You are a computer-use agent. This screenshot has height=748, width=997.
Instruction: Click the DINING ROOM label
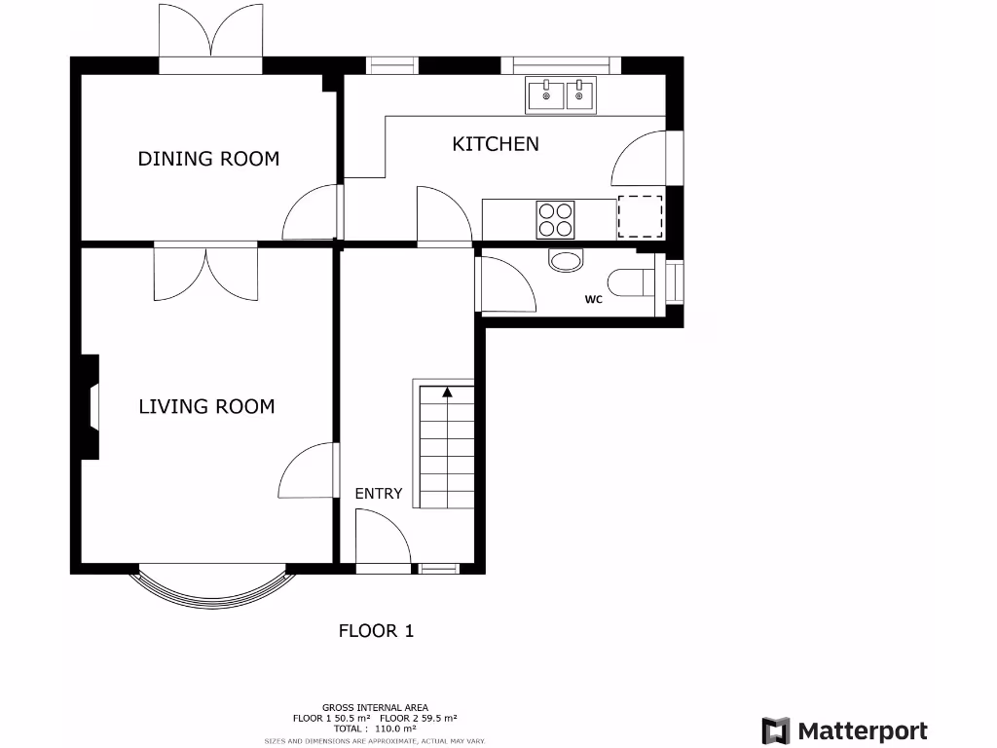point(208,158)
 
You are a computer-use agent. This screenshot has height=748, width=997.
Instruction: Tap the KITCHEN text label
point(495,144)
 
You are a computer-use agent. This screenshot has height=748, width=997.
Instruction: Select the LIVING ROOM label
point(206,406)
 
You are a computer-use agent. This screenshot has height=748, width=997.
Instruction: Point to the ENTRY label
point(378,494)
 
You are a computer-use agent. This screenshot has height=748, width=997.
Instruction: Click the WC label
point(594,300)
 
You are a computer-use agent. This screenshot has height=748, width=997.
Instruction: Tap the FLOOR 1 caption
point(376,630)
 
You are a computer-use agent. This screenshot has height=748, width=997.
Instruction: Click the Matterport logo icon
point(775,730)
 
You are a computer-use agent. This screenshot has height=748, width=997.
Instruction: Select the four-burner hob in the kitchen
point(555,219)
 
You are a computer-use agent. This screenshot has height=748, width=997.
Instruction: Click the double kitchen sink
point(561,94)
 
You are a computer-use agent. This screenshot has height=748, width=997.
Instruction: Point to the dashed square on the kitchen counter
point(641,217)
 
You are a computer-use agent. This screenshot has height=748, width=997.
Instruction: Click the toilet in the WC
point(644,281)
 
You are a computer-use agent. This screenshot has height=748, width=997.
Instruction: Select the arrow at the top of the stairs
point(447,392)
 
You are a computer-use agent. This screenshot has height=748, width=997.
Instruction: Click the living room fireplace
point(91,407)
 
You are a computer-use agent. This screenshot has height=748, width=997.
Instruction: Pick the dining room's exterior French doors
point(210,39)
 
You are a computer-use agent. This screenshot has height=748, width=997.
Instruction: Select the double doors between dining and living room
point(205,272)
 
